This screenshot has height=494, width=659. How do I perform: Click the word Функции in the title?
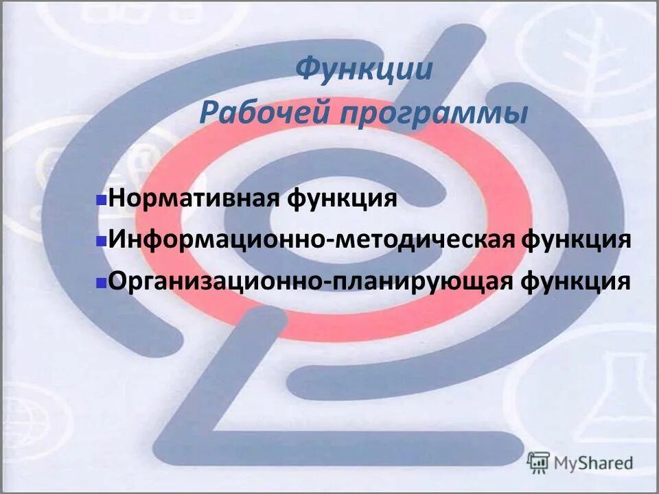click(365, 70)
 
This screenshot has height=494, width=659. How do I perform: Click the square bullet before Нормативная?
click(100, 202)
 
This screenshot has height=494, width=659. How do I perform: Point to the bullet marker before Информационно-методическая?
click(100, 242)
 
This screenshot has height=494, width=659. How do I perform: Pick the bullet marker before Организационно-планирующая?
click(100, 282)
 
